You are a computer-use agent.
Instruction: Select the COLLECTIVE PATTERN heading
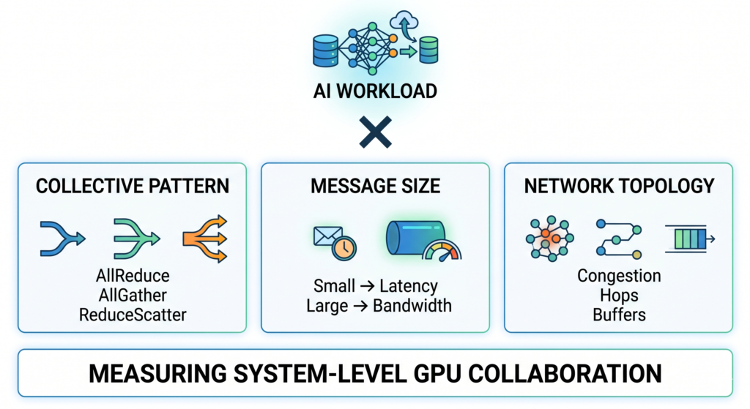click(x=133, y=186)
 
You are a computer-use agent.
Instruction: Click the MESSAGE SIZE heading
click(x=375, y=186)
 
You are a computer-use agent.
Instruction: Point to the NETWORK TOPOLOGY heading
click(x=618, y=186)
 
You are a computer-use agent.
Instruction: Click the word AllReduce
click(x=133, y=276)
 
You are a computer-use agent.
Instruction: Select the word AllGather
click(x=133, y=295)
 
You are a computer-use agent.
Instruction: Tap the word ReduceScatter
click(x=133, y=314)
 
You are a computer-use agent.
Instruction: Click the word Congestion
click(x=619, y=276)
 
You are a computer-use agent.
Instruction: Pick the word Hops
click(x=619, y=295)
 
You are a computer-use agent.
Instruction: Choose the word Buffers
click(x=619, y=314)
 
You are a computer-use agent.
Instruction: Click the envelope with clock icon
click(x=330, y=242)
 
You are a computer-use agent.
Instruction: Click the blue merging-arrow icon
click(x=62, y=239)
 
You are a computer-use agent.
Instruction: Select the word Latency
click(x=409, y=285)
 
